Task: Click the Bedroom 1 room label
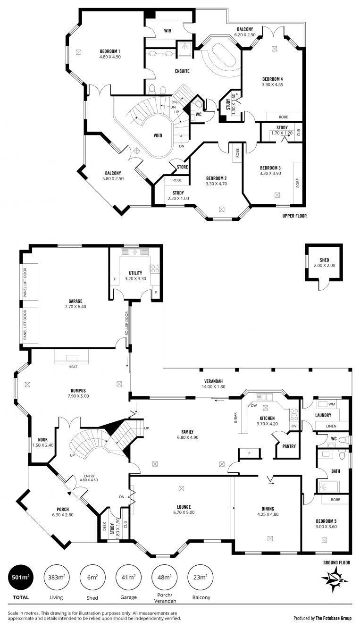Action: tap(110, 51)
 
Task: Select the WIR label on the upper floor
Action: tap(167, 31)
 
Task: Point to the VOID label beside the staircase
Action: tap(158, 135)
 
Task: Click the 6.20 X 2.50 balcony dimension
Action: tap(245, 35)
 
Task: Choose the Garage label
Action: tap(75, 302)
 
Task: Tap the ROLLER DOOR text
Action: tap(126, 323)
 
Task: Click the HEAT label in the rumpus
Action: tap(73, 367)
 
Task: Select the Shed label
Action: tap(324, 260)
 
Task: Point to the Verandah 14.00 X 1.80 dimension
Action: tap(213, 386)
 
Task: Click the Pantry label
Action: tap(289, 446)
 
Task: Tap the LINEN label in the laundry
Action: tap(331, 426)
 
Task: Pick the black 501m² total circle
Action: tap(21, 578)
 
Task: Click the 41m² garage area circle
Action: tap(128, 578)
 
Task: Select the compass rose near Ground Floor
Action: tap(335, 579)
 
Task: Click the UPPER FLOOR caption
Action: tap(294, 216)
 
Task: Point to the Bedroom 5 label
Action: tap(326, 521)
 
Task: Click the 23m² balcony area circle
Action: tap(200, 578)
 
